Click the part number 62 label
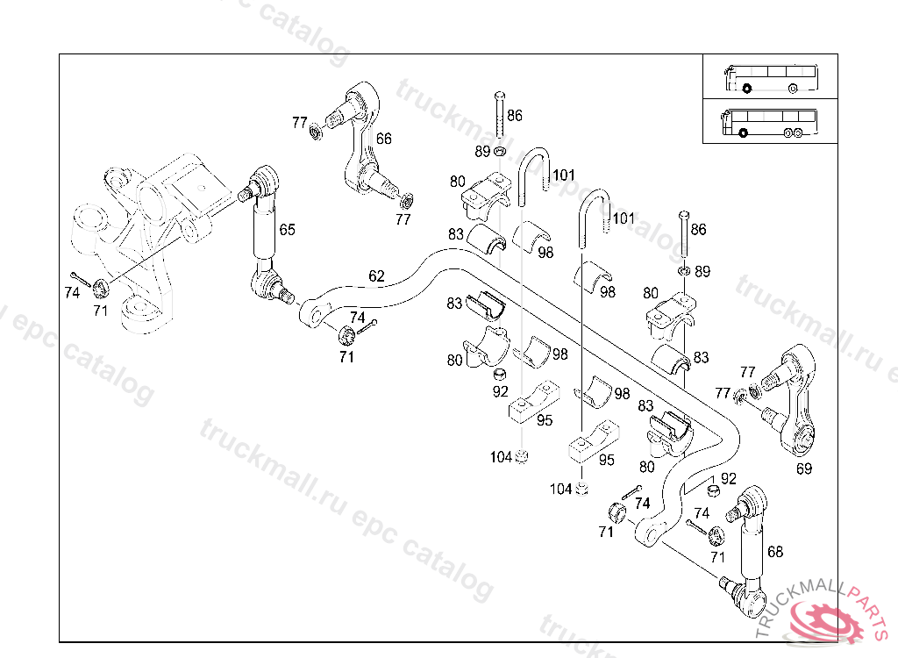[x=376, y=275]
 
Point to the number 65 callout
[x=287, y=230]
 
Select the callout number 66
[x=384, y=138]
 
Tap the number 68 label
[x=774, y=552]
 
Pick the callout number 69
[x=804, y=468]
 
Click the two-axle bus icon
[x=769, y=78]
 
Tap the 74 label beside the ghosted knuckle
[x=72, y=294]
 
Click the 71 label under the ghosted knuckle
[x=101, y=310]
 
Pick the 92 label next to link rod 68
[x=729, y=478]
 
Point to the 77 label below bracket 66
[x=403, y=219]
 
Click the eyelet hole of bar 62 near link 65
[x=310, y=313]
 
